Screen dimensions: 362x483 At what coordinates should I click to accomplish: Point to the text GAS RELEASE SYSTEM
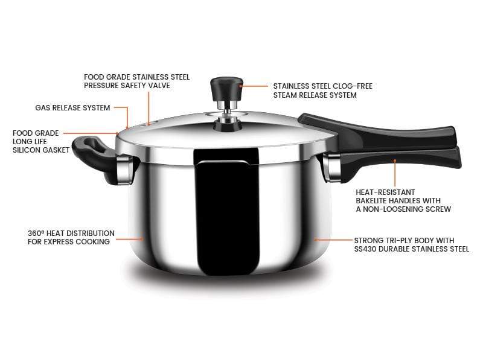point(72,108)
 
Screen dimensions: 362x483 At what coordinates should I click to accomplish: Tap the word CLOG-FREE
point(351,86)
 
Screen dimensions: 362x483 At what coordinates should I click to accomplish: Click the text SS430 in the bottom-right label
point(367,249)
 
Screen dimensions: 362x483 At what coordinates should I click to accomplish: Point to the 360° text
point(35,233)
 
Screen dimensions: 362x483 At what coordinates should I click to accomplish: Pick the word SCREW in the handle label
point(438,209)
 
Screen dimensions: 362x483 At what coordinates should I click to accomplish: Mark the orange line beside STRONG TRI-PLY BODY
point(332,240)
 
